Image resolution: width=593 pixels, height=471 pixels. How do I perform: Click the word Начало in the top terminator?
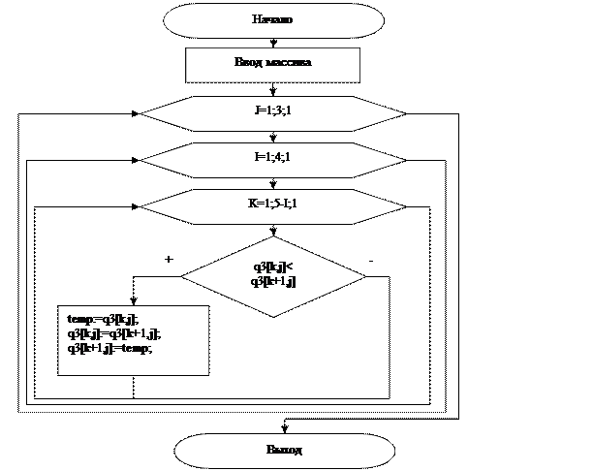[x=272, y=19]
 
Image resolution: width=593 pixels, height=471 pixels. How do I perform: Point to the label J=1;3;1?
[x=272, y=111]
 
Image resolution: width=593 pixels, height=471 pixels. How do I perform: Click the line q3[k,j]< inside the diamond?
[x=272, y=267]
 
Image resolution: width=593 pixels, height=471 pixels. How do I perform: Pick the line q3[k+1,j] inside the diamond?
[x=272, y=281]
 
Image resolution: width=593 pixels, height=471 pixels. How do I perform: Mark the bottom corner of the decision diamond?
[x=273, y=316]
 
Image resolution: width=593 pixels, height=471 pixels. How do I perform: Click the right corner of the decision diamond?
[x=365, y=274]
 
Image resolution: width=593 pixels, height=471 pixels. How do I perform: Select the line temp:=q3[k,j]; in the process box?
[x=102, y=319]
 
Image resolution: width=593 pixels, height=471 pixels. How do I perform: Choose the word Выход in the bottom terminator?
[x=284, y=451]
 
